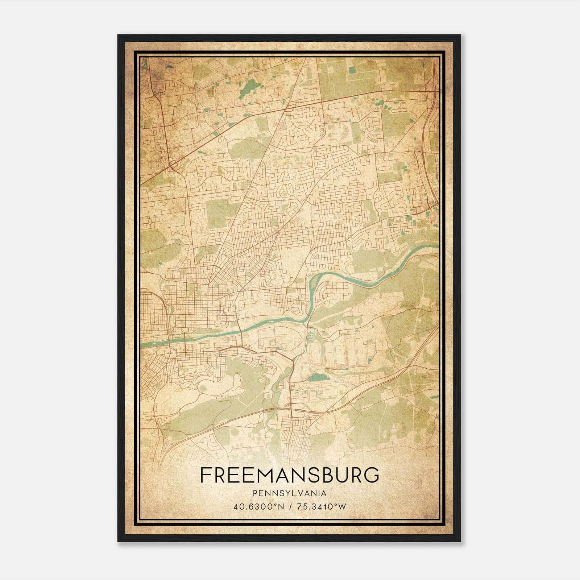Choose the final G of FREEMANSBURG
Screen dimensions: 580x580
[x=372, y=475]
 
